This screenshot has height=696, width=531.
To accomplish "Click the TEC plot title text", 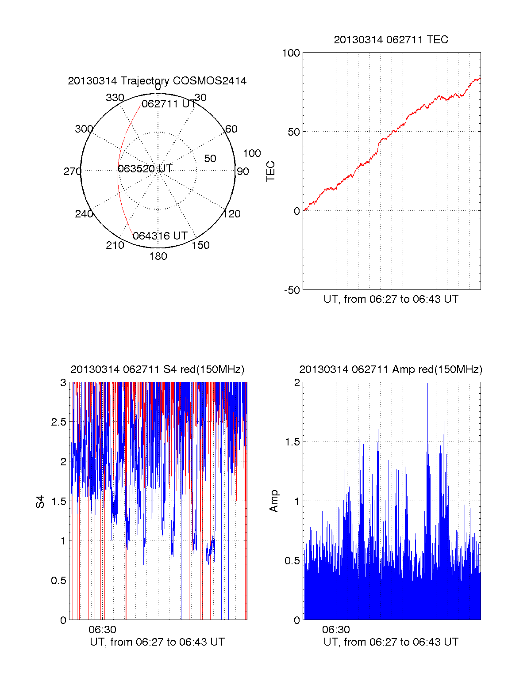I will pos(391,40).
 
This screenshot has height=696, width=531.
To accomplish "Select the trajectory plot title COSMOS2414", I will pos(157,81).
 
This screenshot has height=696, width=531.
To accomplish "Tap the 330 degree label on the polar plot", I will pos(115,98).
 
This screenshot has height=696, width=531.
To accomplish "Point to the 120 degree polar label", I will pos(232,214).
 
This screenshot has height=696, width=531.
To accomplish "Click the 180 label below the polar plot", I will pos(158,256).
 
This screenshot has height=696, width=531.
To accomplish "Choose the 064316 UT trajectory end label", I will pos(160,236).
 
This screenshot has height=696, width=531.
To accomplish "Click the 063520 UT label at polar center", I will pos(145,169).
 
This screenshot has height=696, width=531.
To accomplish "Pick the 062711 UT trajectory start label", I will pos(168,104).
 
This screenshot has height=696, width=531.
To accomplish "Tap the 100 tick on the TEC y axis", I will pos(291,53).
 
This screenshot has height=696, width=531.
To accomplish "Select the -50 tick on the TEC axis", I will pos(292,290).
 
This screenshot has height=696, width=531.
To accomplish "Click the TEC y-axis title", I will pos(270,171).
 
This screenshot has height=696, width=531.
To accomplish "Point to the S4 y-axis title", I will pos(40,502).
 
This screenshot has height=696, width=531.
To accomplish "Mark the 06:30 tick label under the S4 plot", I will pos(102,630).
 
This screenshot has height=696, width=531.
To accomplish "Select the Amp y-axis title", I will pos(274,501).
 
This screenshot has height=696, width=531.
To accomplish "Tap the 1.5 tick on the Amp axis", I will pos(292,442).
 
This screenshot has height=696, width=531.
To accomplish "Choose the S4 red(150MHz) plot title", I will pos(157,369).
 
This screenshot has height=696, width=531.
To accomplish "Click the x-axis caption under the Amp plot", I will pos(391,642).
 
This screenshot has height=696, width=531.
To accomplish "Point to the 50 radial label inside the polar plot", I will pos(210,159).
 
